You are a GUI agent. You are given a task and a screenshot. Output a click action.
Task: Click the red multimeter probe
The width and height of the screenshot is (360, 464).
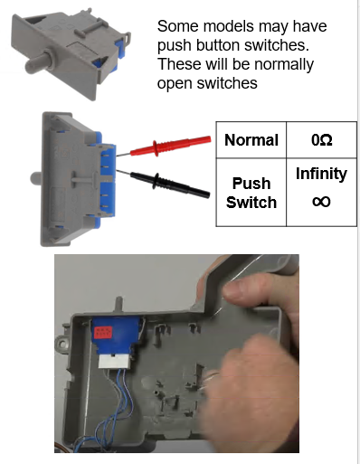coord(164,147)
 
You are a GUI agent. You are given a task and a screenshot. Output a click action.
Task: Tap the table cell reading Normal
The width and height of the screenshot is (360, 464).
coord(251,140)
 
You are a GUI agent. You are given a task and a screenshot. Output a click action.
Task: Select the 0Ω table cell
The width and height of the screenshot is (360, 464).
coord(322,140)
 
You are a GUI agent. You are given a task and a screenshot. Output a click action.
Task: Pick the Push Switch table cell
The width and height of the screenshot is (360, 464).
coord(251,193)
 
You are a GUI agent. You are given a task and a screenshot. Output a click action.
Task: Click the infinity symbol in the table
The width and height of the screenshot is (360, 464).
coord(321,202)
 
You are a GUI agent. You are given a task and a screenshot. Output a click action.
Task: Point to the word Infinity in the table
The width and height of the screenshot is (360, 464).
coord(321,174)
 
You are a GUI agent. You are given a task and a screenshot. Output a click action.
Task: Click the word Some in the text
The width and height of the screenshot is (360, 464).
coord(178,26)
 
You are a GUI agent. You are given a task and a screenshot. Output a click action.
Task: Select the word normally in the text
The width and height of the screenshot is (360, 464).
coord(284,65)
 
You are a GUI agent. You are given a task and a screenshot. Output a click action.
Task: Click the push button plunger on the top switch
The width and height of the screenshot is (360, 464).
coord(39,62)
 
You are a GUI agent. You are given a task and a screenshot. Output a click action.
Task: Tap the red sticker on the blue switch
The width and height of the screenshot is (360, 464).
coord(103,333)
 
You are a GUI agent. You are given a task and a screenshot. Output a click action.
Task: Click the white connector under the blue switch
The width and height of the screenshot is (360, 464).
coord(114,361)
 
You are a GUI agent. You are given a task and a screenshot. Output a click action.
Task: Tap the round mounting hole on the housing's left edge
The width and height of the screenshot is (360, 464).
coord(62,343)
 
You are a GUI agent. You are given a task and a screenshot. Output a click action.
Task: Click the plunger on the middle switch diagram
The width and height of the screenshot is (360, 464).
coord(36,178)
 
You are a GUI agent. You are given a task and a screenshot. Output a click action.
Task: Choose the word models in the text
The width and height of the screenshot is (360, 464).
coord(229,26)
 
